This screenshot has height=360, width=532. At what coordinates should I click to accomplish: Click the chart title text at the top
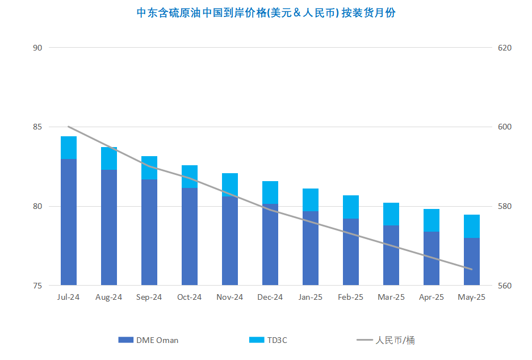coord(266,13)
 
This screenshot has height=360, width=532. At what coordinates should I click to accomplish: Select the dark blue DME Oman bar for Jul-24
coord(69,222)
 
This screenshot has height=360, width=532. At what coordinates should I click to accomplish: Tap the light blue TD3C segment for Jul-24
coord(69,148)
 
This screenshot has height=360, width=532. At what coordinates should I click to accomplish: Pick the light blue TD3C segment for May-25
coord(472,227)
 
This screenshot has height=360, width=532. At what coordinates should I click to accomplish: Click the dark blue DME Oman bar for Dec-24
coord(270,244)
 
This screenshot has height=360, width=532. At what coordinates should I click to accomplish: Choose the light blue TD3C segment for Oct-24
coord(190,177)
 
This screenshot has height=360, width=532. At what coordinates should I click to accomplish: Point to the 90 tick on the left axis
coord(37,48)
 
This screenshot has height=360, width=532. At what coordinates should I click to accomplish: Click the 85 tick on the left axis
coord(37,127)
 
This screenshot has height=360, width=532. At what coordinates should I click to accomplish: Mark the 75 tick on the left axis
coord(37,286)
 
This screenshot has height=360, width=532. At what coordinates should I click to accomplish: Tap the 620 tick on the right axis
coord(505,48)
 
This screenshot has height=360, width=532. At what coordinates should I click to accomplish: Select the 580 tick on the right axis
coord(505,206)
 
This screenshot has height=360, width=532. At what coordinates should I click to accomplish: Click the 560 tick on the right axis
coord(505,286)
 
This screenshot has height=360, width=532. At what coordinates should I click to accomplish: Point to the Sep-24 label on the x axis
coord(149,297)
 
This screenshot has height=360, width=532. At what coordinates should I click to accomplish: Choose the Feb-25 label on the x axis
coord(350,297)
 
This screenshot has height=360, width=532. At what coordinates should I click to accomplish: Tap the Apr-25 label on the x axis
coord(432,297)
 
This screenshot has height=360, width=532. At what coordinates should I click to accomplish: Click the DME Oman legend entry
coord(148,340)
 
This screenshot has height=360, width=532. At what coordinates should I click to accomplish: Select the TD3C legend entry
coord(268,340)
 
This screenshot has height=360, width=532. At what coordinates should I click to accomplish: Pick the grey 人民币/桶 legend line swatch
coord(365,340)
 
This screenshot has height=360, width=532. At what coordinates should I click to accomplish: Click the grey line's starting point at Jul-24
coord(69,127)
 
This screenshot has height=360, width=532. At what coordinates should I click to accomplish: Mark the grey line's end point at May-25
coord(472,269)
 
